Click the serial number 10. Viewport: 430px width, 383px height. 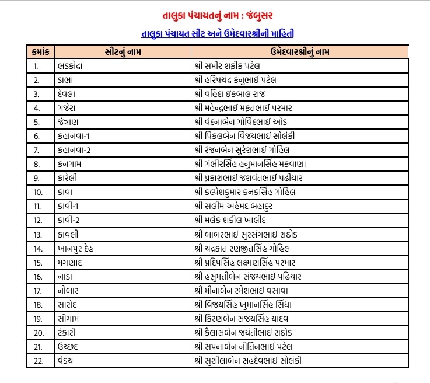tap(37, 192)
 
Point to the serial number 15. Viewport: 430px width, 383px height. tap(37, 262)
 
